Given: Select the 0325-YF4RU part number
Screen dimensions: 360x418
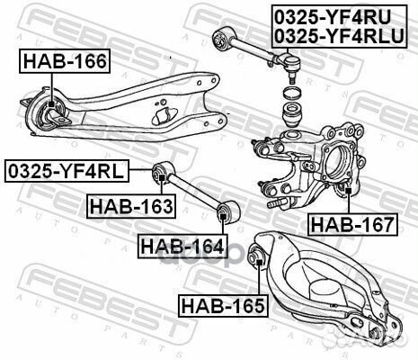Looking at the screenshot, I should tap(339, 15).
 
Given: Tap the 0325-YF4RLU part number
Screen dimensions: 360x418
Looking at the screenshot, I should tap(339, 35).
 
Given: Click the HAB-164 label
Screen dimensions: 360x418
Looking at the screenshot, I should tap(180, 244).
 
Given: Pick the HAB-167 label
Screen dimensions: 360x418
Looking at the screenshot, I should tap(351, 223).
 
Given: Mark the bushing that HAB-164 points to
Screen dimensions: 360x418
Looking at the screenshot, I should tap(226, 212).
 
